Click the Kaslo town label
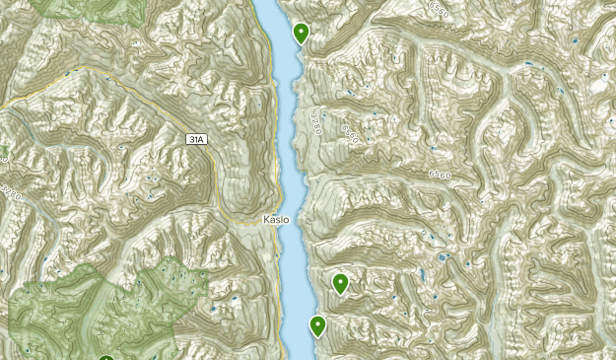[x=276, y=220]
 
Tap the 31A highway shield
[x=197, y=140]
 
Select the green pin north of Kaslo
[x=301, y=33]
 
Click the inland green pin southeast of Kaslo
[x=341, y=283]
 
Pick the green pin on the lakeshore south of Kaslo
[x=318, y=324]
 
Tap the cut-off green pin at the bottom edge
[x=105, y=358]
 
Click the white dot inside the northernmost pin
[x=301, y=31]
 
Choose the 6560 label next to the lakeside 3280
[x=347, y=130]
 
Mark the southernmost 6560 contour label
[x=442, y=175]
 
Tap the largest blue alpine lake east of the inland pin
[x=443, y=258]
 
